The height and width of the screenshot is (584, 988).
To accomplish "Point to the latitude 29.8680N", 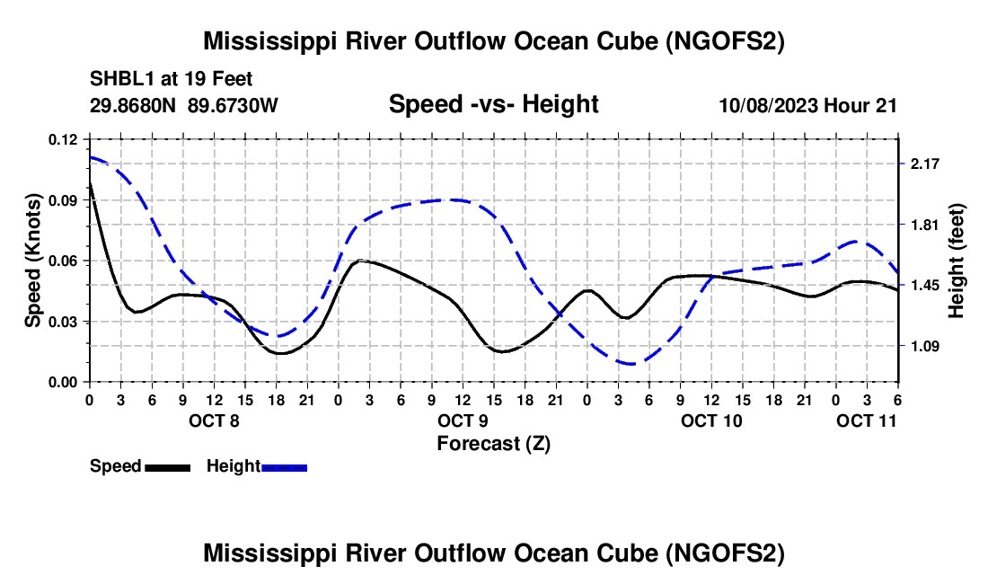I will (134, 105).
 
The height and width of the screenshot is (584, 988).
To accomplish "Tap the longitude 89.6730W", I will (234, 105).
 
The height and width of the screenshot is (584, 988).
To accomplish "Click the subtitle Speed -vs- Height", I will (493, 104).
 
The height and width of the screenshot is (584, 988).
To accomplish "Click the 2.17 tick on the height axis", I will (924, 164).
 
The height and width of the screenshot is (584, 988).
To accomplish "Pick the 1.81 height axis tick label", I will (924, 225).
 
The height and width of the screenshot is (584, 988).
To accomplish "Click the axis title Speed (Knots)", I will (33, 261).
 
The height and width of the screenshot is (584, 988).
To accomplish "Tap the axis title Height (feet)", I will (956, 261).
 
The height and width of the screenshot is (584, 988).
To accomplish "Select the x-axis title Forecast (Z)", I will (493, 443).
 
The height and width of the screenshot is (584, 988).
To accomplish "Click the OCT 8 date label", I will (214, 420).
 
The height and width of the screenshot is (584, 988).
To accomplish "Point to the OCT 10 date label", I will (711, 420).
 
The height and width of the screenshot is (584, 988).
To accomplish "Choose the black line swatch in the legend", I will (167, 466).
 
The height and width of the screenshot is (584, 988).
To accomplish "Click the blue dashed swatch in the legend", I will (284, 466).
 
